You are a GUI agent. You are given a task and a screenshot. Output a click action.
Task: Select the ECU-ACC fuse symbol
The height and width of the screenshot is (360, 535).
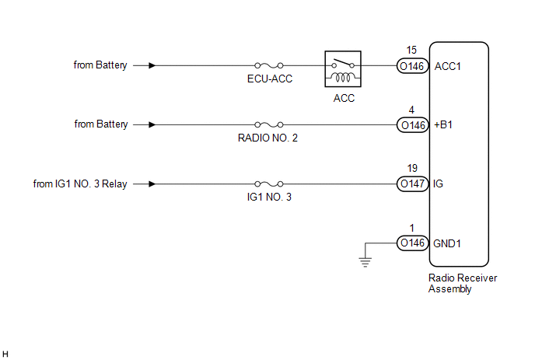pyautogui.click(x=269, y=66)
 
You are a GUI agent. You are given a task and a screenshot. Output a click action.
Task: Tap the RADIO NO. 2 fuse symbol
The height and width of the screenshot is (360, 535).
pyautogui.click(x=269, y=124)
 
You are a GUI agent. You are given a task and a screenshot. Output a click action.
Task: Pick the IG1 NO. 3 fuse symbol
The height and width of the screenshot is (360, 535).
pyautogui.click(x=269, y=184)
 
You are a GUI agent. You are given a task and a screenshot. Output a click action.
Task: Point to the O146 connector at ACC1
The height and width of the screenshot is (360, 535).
pyautogui.click(x=411, y=66)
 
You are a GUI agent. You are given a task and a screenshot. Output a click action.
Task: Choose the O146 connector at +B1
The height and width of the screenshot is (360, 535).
pyautogui.click(x=411, y=124)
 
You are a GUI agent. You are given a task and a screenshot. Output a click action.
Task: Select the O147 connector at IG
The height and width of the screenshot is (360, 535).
pyautogui.click(x=411, y=184)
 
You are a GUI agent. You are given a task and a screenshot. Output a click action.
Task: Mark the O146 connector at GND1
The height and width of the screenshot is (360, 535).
pyautogui.click(x=411, y=243)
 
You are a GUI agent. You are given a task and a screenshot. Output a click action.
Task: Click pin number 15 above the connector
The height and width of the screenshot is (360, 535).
pyautogui.click(x=411, y=51)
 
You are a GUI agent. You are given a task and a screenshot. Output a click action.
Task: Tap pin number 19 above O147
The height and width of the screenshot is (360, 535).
pyautogui.click(x=411, y=168)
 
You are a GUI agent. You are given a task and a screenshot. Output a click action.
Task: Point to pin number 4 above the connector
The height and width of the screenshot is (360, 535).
pyautogui.click(x=411, y=109)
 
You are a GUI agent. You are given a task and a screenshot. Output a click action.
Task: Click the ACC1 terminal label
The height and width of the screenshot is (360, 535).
pyautogui.click(x=448, y=66)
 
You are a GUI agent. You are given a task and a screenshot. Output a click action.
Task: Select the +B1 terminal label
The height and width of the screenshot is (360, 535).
pyautogui.click(x=445, y=124)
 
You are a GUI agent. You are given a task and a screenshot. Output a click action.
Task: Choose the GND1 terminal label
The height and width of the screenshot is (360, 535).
pyautogui.click(x=449, y=243)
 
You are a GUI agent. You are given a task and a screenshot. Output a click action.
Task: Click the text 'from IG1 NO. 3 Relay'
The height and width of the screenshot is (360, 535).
pyautogui.click(x=80, y=184)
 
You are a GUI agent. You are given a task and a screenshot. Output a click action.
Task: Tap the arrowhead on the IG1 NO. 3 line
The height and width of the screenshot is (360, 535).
pyautogui.click(x=152, y=184)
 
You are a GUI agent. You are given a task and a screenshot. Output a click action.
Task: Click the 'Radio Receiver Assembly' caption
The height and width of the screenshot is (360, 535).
pyautogui.click(x=462, y=283)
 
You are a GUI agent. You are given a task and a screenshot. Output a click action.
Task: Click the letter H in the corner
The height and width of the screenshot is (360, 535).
pyautogui.click(x=6, y=354)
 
